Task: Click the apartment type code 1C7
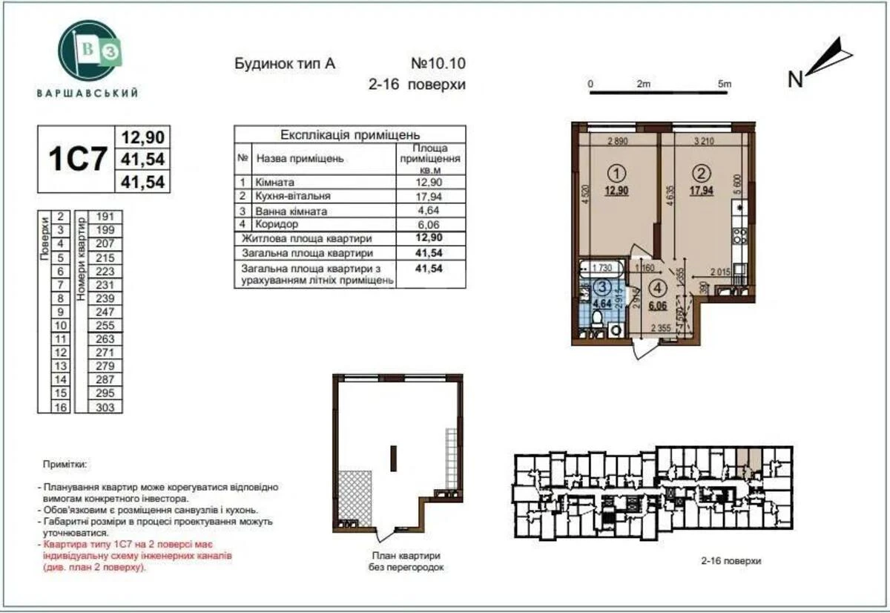(x=77, y=159)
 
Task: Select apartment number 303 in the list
(x=106, y=407)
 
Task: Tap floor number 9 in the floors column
(x=61, y=312)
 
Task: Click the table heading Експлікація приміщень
(x=350, y=135)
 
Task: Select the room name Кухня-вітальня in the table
(x=293, y=196)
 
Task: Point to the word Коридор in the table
(x=277, y=224)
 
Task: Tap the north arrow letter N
(x=795, y=79)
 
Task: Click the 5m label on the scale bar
(x=725, y=84)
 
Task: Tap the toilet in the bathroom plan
(x=598, y=318)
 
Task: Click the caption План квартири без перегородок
(x=405, y=561)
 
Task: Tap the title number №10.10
(x=438, y=64)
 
